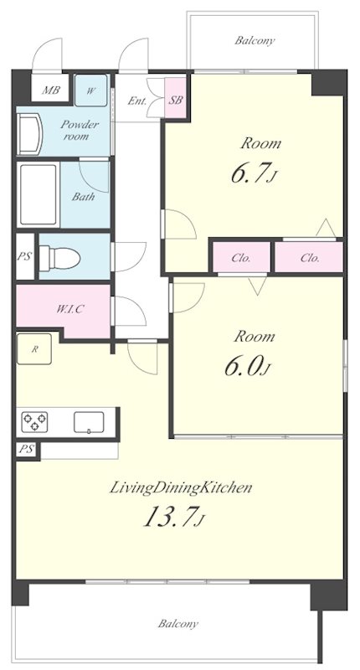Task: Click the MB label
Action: [x=50, y=90]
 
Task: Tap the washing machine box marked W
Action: [x=91, y=90]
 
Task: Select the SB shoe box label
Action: [x=176, y=100]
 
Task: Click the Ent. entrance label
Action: [x=137, y=101]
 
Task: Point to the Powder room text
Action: [x=79, y=131]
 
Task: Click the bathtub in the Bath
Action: [x=39, y=194]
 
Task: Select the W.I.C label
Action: [x=69, y=309]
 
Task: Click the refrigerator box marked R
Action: [x=34, y=349]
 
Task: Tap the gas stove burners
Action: [x=34, y=422]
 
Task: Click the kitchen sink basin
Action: [x=89, y=423]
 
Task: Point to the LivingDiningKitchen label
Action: [x=181, y=487]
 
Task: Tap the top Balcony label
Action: [x=255, y=40]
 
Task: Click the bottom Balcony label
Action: [x=177, y=624]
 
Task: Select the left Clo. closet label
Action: [x=241, y=258]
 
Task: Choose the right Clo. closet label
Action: [x=310, y=258]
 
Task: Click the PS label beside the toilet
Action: [x=25, y=258]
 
